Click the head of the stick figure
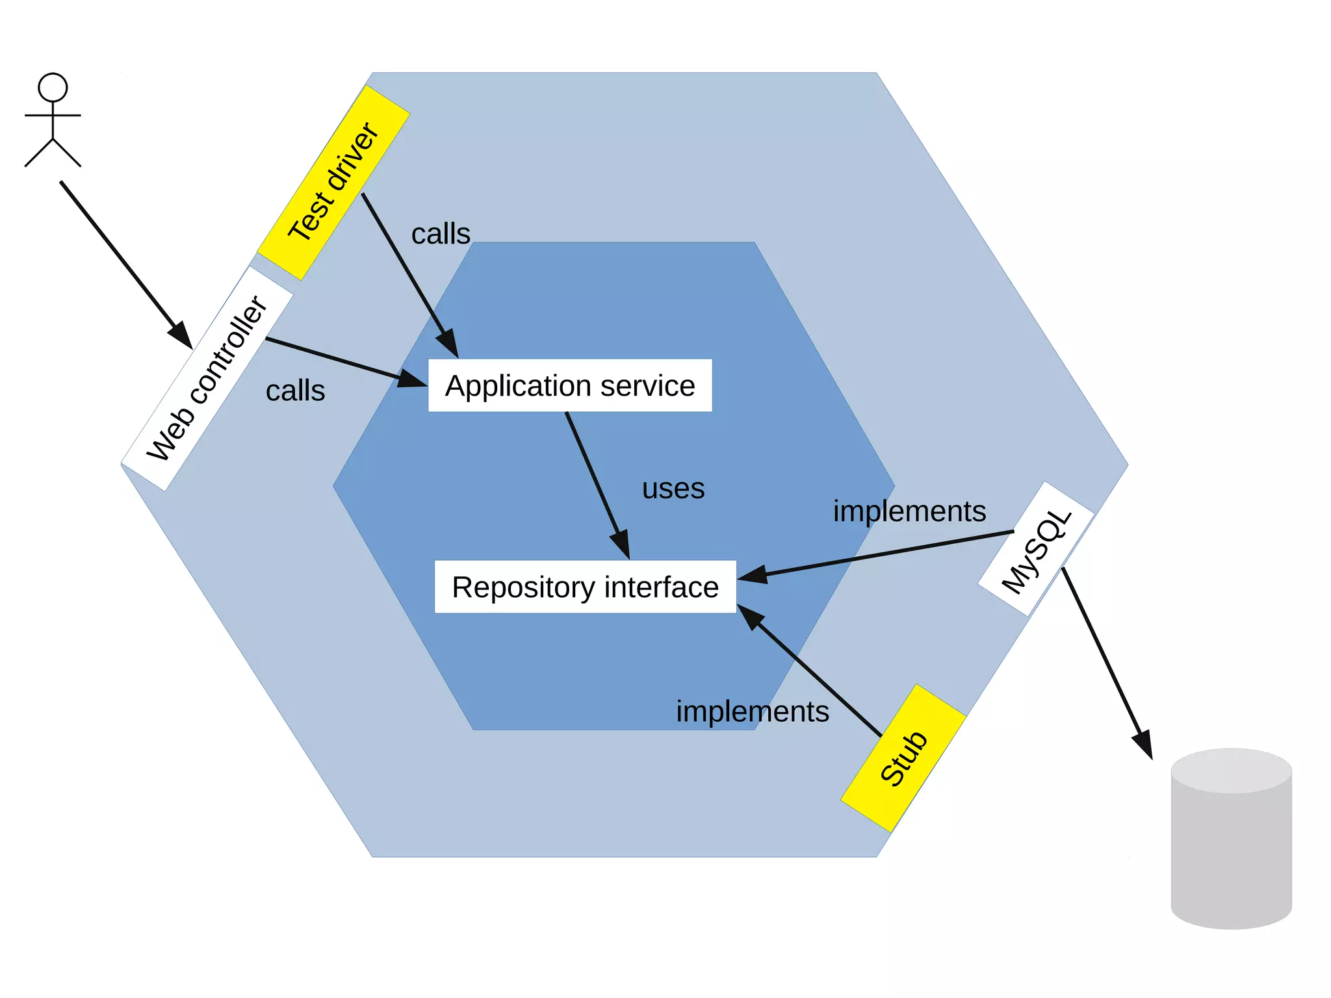[x=53, y=87]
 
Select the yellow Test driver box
[x=333, y=183]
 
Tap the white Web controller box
[x=207, y=378]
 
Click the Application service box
[x=570, y=385]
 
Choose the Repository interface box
[x=585, y=587]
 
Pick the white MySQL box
[x=1036, y=549]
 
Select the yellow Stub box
[x=903, y=758]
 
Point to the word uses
[x=673, y=489]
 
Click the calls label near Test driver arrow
[x=441, y=234]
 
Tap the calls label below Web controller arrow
[x=295, y=391]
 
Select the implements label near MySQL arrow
[x=909, y=511]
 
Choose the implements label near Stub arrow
[x=753, y=711]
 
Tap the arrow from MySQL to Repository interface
[x=877, y=554]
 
